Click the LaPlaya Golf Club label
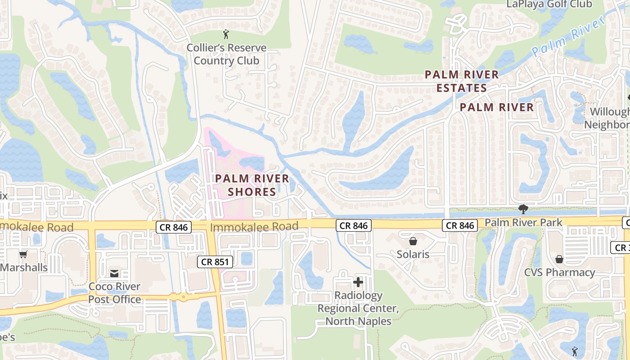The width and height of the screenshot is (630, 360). tap(549, 4)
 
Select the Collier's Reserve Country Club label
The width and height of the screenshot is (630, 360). tap(226, 54)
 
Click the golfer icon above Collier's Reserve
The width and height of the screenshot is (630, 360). tap(226, 34)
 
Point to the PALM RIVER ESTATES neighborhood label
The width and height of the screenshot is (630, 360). tap(462, 81)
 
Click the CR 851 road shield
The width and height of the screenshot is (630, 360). tap(215, 262)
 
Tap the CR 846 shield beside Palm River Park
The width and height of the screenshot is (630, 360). tap(460, 225)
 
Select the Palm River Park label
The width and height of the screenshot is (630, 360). tap(523, 222)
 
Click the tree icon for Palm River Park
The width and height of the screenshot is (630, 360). tap(523, 209)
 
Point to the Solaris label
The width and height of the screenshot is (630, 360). tap(413, 254)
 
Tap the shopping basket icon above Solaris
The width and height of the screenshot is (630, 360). tap(413, 242)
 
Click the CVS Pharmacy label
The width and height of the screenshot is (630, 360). tap(559, 272)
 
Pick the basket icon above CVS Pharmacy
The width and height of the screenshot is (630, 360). tap(559, 259)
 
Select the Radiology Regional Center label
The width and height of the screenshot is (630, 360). tap(358, 308)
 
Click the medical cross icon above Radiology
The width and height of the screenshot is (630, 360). tap(358, 283)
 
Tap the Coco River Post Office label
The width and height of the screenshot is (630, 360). tap(114, 292)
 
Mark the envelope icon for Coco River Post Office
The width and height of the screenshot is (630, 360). tap(114, 273)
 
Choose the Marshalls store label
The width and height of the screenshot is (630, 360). tap(24, 267)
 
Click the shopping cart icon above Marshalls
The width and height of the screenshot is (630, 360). tap(23, 254)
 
